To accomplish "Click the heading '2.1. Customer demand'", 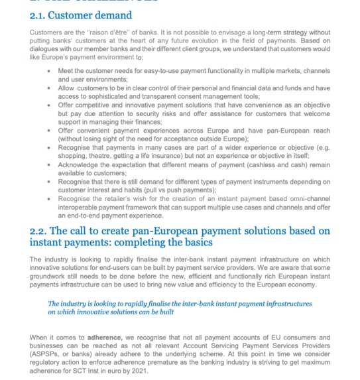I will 80,15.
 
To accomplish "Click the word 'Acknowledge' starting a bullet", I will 78,164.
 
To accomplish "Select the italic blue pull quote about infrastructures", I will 179,308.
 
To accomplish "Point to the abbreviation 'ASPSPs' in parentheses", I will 46,355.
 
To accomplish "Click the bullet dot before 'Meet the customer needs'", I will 49,71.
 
